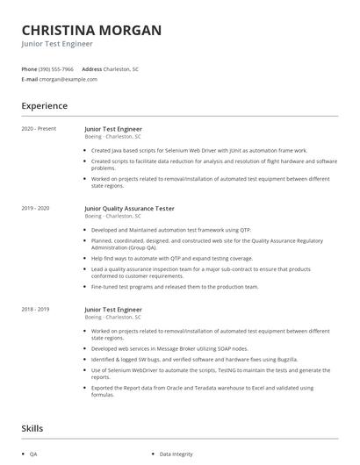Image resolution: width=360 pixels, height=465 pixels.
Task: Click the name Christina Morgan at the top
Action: pos(91,30)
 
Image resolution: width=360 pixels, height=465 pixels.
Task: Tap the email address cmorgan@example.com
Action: pos(68,79)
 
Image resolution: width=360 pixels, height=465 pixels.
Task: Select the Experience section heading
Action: pos(44,106)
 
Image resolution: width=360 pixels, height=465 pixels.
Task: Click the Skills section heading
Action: pos(33,429)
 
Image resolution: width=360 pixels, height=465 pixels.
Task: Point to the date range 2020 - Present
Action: pos(39,129)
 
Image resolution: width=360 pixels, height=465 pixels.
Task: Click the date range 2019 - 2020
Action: pos(35,208)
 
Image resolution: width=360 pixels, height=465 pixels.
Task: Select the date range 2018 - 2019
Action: pos(35,309)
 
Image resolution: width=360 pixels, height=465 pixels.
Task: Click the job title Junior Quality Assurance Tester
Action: pos(129,208)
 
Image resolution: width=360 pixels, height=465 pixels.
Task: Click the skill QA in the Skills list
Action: pos(33,454)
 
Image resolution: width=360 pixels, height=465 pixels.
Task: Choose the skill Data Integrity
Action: pos(176,454)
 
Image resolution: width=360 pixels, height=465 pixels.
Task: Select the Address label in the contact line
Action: pos(92,68)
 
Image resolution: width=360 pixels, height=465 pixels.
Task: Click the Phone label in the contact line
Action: pos(29,68)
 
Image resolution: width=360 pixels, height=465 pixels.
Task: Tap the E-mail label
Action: pos(29,79)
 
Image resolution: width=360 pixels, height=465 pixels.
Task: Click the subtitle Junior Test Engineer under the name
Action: pos(57,43)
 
